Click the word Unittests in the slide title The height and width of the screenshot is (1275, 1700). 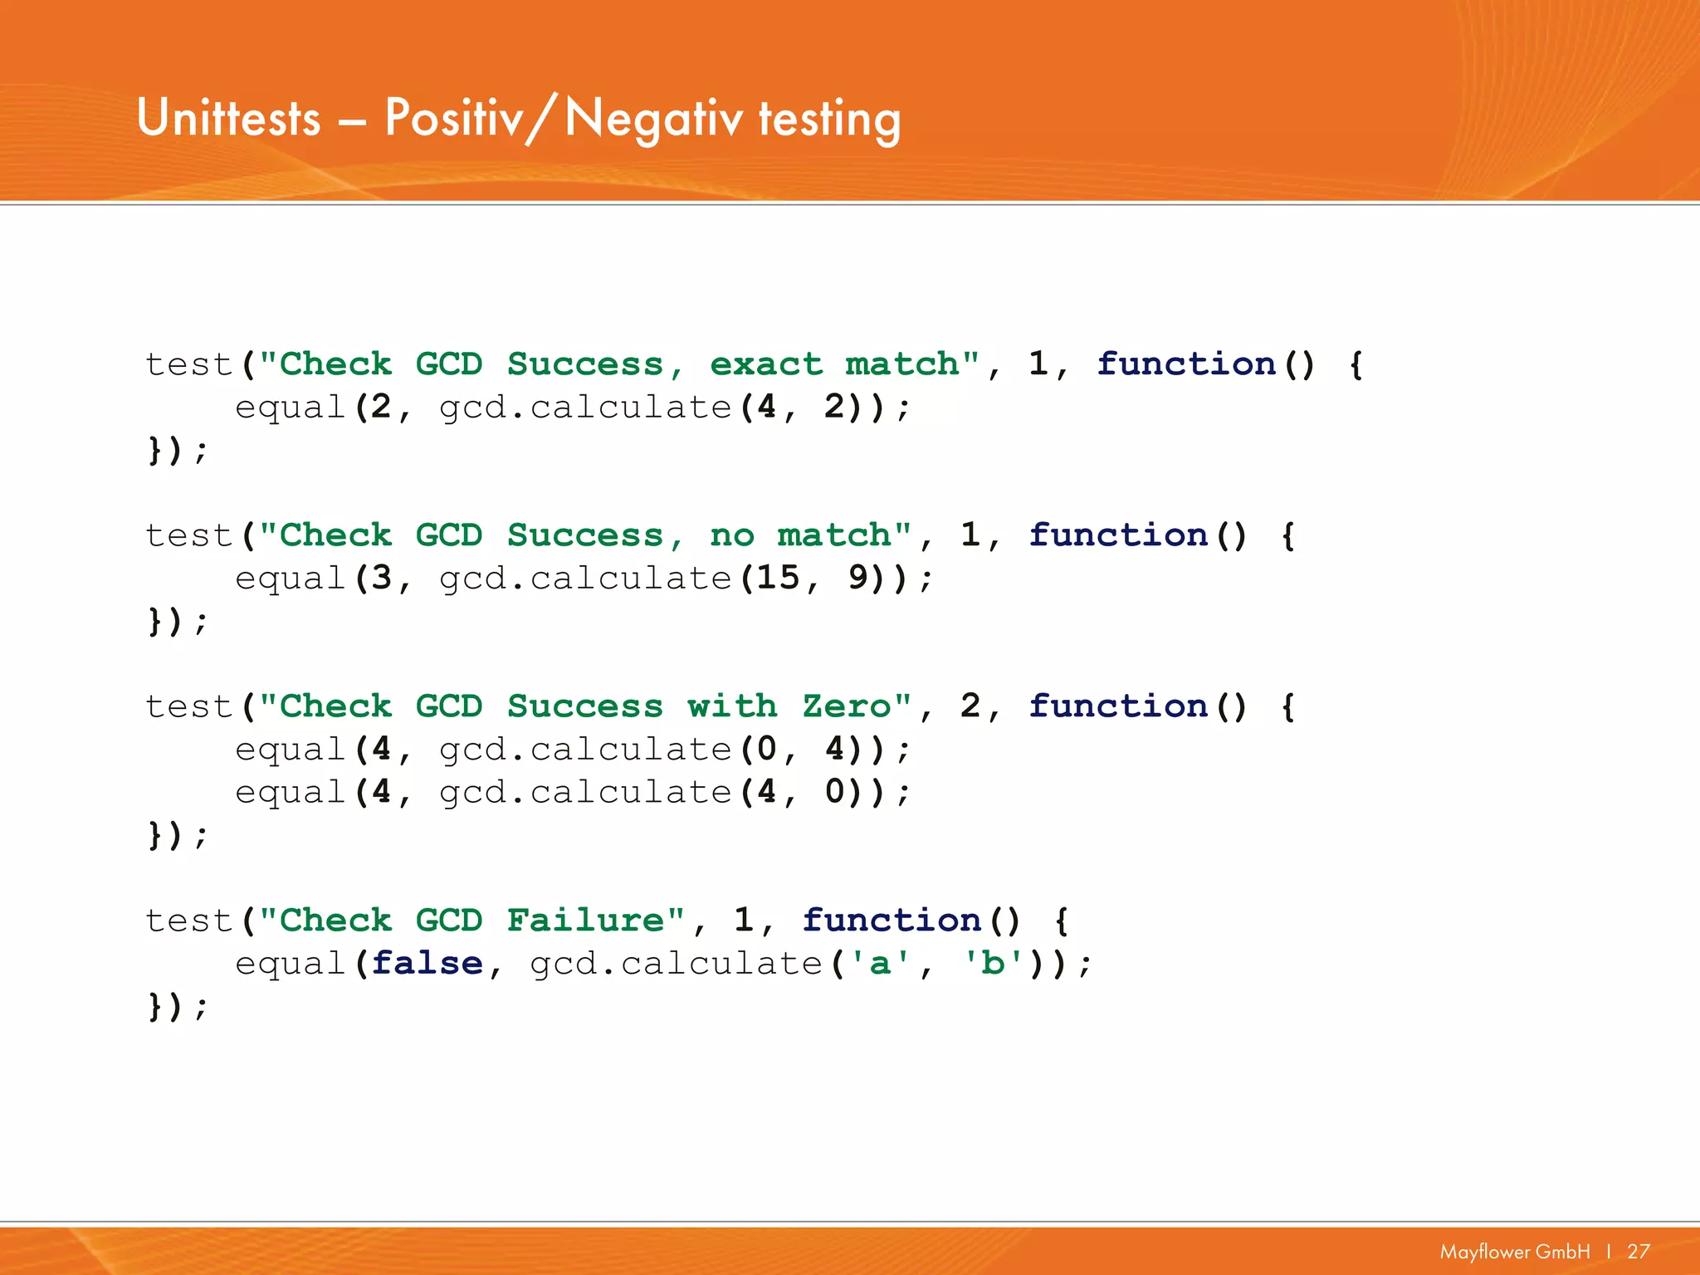pyautogui.click(x=228, y=118)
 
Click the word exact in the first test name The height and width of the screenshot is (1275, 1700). pyautogui.click(x=765, y=364)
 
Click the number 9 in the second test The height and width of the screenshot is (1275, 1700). pyautogui.click(x=858, y=579)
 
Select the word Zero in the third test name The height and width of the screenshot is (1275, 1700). pyautogui.click(x=846, y=706)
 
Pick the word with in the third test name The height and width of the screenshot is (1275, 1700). pyautogui.click(x=732, y=706)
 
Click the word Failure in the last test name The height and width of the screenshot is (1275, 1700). pyautogui.click(x=585, y=921)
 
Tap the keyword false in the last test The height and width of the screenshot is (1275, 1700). pyautogui.click(x=427, y=964)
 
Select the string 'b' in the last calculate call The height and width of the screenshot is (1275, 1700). pyautogui.click(x=993, y=964)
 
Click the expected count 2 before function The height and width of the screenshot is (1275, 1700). pyautogui.click(x=970, y=706)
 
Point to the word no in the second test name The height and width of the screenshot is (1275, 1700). pyautogui.click(x=732, y=535)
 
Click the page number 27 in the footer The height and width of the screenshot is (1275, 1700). pyautogui.click(x=1638, y=1251)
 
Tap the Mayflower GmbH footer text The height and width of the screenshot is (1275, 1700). pyautogui.click(x=1515, y=1251)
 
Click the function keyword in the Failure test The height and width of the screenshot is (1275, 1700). pyautogui.click(x=892, y=921)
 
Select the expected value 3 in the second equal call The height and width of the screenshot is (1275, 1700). pyautogui.click(x=381, y=579)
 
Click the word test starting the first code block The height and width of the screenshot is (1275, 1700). pyautogui.click(x=188, y=364)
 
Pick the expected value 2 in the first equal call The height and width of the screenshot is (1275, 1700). pyautogui.click(x=381, y=408)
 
